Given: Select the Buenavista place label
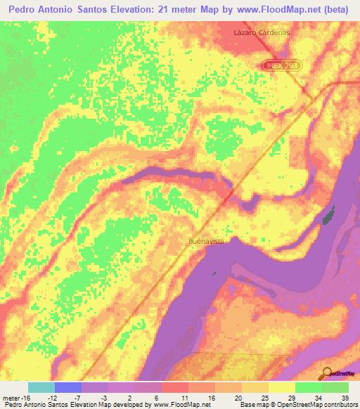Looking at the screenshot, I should pos(206,241).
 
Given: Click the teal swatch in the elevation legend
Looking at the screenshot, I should pos(41,387).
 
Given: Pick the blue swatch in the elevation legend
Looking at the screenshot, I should pos(67,387).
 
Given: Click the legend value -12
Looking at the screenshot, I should pos(52,398).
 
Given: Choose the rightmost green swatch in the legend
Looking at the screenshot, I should pos(335,387).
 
